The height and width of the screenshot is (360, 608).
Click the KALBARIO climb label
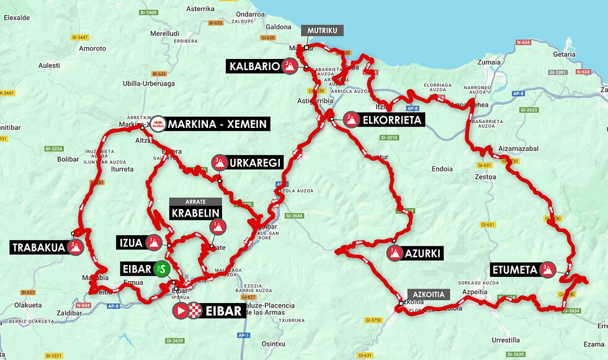254,66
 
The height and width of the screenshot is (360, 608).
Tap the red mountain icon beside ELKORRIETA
351,120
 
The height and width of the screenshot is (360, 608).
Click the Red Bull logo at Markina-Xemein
159,124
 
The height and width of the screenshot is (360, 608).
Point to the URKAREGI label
254,163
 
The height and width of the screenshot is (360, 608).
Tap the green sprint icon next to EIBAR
161,269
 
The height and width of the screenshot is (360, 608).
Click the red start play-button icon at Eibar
181,311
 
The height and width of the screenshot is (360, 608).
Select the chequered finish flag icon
197,311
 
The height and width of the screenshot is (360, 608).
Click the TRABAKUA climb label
38,248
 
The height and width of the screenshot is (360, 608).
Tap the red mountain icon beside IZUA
153,242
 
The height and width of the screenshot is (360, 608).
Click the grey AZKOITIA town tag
426,294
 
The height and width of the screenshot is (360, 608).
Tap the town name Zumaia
489,62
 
